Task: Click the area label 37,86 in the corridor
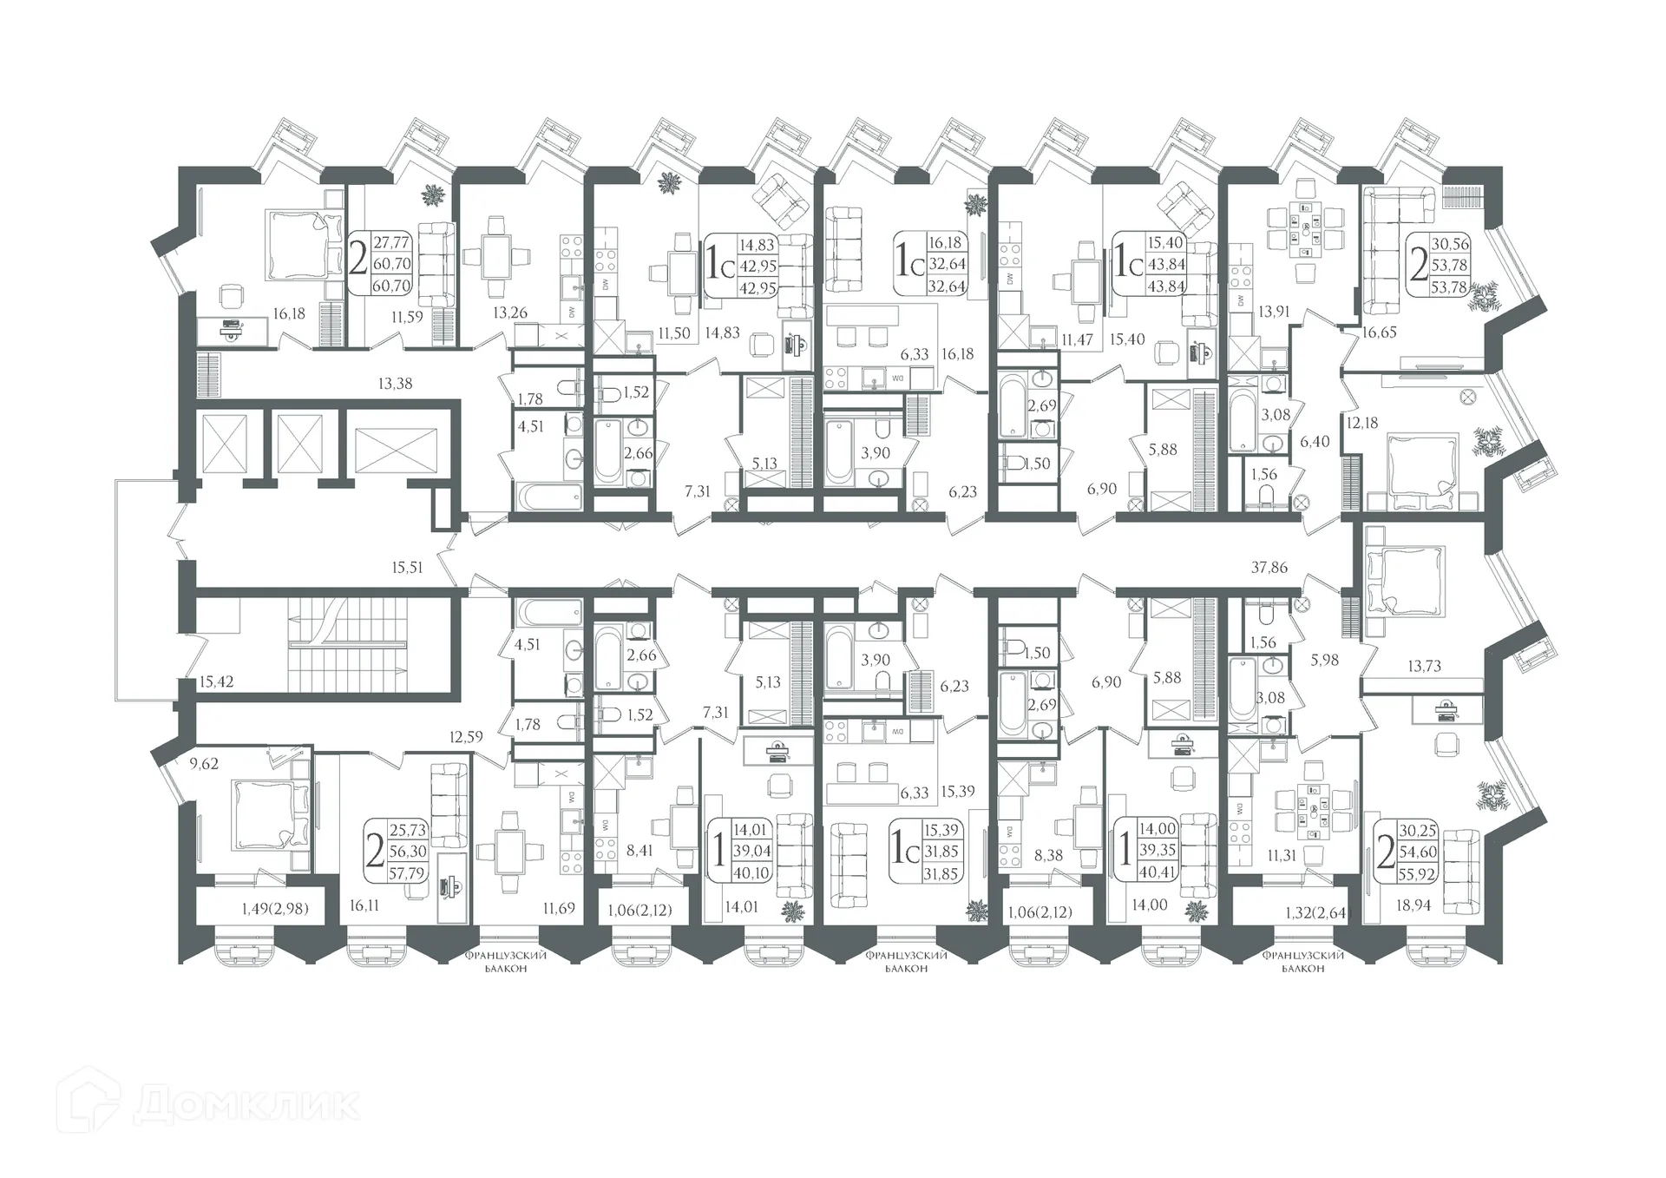[1269, 568]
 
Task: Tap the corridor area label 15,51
[407, 568]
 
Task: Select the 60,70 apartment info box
[380, 263]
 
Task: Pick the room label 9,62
[204, 765]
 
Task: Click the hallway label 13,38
[395, 383]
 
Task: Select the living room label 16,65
[1379, 332]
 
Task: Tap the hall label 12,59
[466, 737]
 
